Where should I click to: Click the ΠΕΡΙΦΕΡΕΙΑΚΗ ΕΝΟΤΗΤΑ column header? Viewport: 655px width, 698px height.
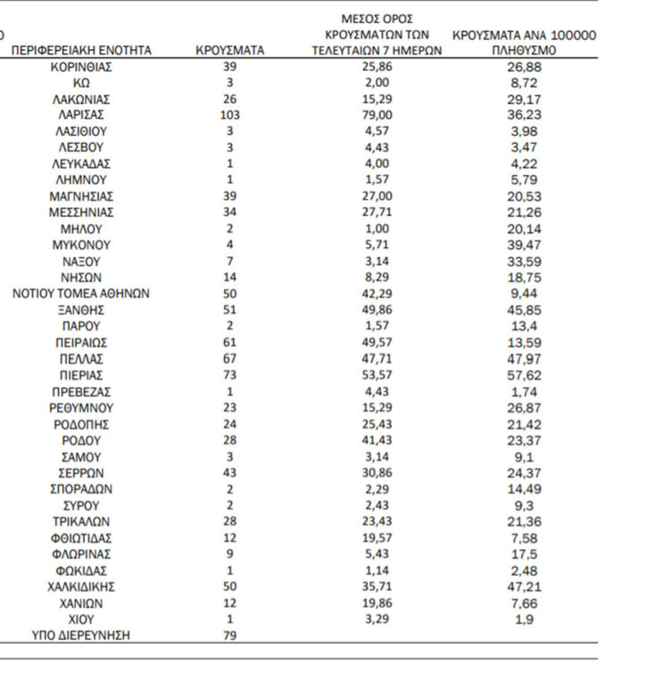(81, 50)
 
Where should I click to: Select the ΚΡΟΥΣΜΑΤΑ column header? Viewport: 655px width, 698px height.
(229, 50)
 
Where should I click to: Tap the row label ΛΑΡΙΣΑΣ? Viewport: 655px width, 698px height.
(81, 115)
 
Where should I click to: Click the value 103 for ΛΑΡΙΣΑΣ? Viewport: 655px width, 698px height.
(229, 115)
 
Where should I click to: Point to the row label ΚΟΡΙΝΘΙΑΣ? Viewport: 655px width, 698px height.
(81, 67)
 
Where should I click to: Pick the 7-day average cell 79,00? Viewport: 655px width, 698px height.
(377, 115)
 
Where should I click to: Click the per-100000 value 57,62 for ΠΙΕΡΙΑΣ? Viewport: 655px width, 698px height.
(524, 375)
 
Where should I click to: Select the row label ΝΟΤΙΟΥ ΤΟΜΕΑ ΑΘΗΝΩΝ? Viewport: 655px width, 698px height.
(81, 294)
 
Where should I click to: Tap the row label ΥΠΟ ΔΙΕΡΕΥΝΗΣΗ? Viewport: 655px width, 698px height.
(81, 635)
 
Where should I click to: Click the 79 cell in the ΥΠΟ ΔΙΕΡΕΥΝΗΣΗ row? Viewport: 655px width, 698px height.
(229, 635)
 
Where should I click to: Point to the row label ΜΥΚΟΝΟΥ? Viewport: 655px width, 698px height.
(81, 245)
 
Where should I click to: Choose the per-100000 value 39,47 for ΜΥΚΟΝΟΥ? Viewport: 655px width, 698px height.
(524, 245)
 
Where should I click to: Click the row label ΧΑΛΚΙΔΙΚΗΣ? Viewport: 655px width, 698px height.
(81, 586)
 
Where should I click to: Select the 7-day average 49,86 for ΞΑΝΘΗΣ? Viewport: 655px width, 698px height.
(377, 310)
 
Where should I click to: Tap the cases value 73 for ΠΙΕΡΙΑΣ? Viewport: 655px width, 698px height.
(229, 375)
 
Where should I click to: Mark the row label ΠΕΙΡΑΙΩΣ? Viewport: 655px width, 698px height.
(81, 343)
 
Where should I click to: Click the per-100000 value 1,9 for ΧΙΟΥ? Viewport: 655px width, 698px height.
(524, 619)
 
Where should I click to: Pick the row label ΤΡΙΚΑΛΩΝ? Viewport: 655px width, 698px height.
(81, 521)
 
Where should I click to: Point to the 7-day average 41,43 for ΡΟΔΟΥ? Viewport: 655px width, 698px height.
(377, 440)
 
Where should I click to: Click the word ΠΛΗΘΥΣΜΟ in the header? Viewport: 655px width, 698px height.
(524, 51)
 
